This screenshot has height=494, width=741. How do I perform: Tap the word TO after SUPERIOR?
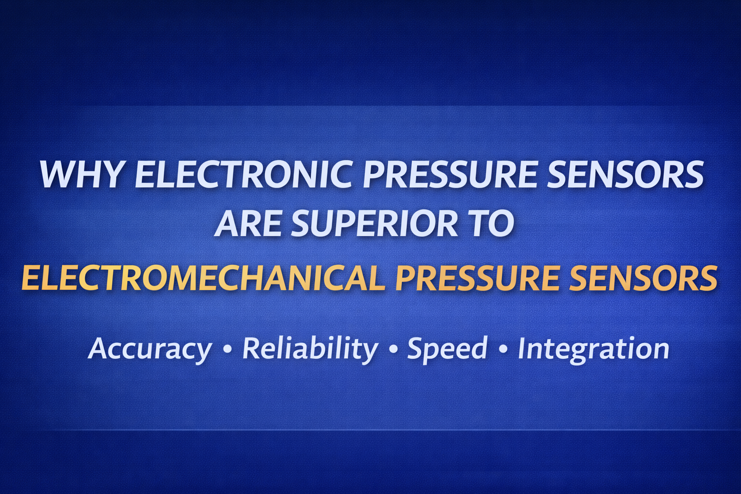click(493, 224)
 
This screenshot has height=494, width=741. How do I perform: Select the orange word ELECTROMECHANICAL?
click(203, 278)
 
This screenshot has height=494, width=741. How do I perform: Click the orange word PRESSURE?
click(477, 278)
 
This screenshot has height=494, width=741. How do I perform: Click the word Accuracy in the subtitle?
click(150, 348)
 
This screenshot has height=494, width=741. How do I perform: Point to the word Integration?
click(593, 348)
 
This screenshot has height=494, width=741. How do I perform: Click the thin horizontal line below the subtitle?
click(370, 429)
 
